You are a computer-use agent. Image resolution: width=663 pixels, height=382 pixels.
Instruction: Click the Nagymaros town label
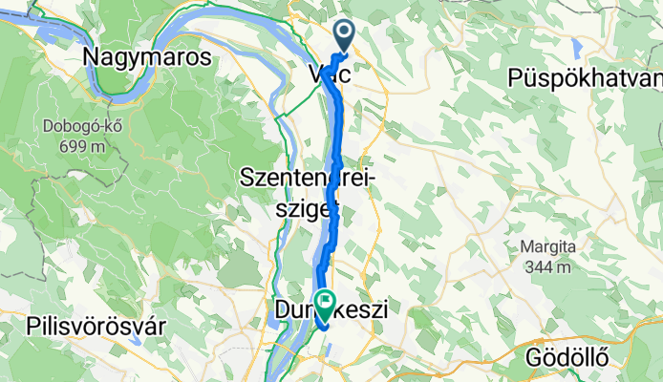pos(147,57)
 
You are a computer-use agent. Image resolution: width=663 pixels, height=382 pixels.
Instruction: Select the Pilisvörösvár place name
pos(98,325)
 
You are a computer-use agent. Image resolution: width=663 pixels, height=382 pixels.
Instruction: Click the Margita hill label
pos(547,248)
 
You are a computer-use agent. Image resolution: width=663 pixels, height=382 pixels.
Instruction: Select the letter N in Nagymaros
pos(94,57)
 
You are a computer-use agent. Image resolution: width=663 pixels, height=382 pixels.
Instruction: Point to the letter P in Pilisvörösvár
pos(34,325)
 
